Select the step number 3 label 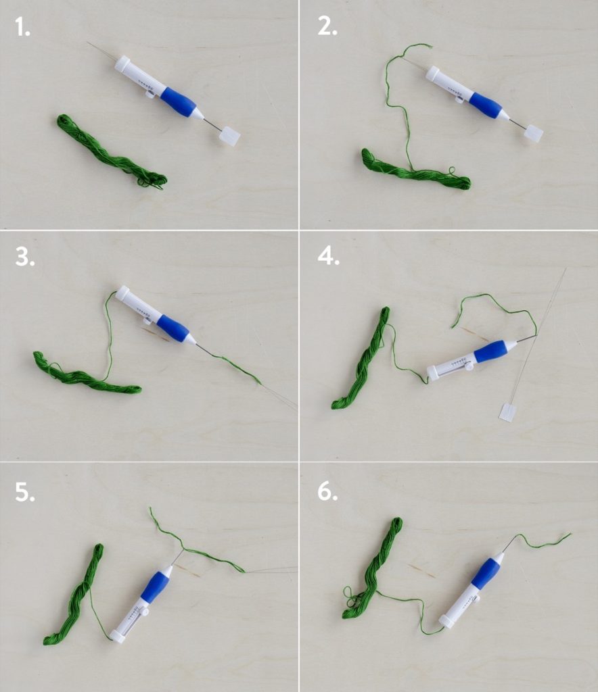24,257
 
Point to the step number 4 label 328,257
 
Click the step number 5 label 24,493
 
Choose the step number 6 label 328,493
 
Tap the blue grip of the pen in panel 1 178,102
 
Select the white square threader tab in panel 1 231,137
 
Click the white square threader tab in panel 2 534,133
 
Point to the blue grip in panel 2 486,105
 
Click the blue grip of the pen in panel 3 172,328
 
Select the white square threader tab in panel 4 508,412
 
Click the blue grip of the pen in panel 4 491,351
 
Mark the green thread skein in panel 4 362,358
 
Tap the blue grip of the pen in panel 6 486,574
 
